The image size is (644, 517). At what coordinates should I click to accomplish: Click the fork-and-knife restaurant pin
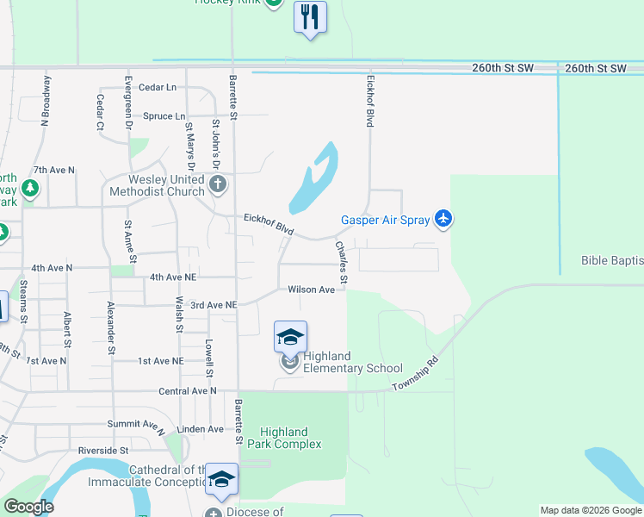click(x=310, y=16)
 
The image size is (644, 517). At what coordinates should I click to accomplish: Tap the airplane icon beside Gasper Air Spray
click(x=443, y=220)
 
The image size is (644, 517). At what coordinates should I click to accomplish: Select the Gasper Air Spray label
click(x=385, y=221)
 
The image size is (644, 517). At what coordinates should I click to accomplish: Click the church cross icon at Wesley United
click(x=219, y=184)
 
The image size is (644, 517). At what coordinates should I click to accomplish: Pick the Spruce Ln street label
click(x=164, y=116)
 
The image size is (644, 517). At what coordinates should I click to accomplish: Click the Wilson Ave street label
click(x=311, y=290)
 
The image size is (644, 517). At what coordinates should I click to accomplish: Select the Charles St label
click(x=342, y=262)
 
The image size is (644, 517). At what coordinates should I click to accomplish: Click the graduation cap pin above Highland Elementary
click(x=290, y=337)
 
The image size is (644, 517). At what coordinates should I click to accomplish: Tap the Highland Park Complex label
click(x=284, y=438)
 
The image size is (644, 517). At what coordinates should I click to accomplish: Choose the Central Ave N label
click(x=188, y=391)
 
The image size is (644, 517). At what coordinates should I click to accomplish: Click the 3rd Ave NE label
click(x=213, y=305)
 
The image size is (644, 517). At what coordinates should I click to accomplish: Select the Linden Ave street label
click(x=200, y=429)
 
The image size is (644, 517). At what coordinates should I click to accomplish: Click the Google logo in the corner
click(x=28, y=507)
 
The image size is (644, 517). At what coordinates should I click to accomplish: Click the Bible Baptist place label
click(x=611, y=260)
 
